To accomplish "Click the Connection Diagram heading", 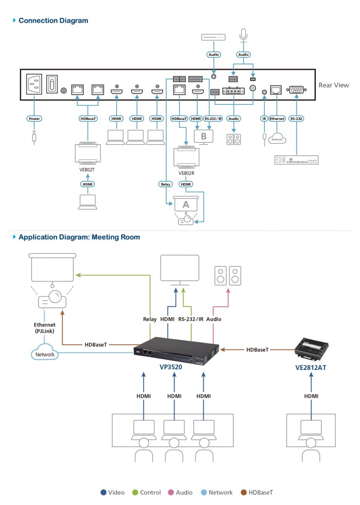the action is coord(53,21).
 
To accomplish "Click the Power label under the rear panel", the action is coord(34,119).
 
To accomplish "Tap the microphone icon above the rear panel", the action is coord(243,35).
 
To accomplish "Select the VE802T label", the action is coord(87,170).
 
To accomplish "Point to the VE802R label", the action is coord(186,173).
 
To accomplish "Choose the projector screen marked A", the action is coord(186,204).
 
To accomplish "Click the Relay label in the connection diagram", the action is coord(165,184).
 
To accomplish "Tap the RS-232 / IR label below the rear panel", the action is coord(213,119).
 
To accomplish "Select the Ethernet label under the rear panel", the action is coord(277,119).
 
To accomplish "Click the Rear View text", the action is coord(333,85).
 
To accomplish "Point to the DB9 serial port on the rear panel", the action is coord(296,90).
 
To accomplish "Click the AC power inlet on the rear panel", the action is coord(34,84).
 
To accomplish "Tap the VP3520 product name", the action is coord(171,367).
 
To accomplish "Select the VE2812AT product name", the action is coord(311,368).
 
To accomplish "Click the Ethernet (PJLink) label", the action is coord(45,328).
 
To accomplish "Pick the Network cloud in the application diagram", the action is coord(45,352).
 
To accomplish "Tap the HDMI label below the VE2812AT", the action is coord(311,396).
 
